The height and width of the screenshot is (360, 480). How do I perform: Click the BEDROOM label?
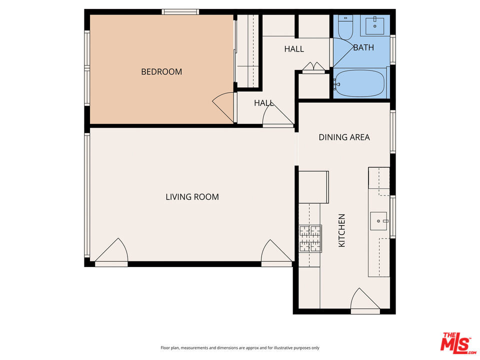click(x=161, y=71)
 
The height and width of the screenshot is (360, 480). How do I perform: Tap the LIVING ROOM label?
click(x=192, y=197)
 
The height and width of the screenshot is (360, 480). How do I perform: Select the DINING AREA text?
click(x=344, y=137)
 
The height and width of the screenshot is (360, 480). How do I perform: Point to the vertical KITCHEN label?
click(x=341, y=230)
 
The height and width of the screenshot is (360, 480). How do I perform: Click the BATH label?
click(x=363, y=47)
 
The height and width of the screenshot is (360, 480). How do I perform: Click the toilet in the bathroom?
click(x=345, y=27)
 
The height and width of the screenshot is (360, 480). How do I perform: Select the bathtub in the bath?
click(x=359, y=83)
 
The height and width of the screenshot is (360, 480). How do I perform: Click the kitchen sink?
click(x=379, y=221)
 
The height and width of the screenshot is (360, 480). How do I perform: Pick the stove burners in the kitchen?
click(x=310, y=238)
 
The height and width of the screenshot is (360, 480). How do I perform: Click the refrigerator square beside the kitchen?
click(x=313, y=187)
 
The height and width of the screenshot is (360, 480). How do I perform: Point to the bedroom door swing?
click(x=223, y=107)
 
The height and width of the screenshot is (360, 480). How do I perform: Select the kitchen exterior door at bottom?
click(x=365, y=301)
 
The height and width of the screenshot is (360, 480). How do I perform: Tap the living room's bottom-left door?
click(x=111, y=252)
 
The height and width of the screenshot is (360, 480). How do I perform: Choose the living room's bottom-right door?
click(x=276, y=253)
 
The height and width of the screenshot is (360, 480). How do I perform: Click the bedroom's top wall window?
click(x=180, y=12)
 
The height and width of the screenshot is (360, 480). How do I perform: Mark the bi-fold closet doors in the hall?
click(x=313, y=67)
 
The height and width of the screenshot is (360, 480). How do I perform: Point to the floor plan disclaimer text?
click(x=240, y=348)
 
